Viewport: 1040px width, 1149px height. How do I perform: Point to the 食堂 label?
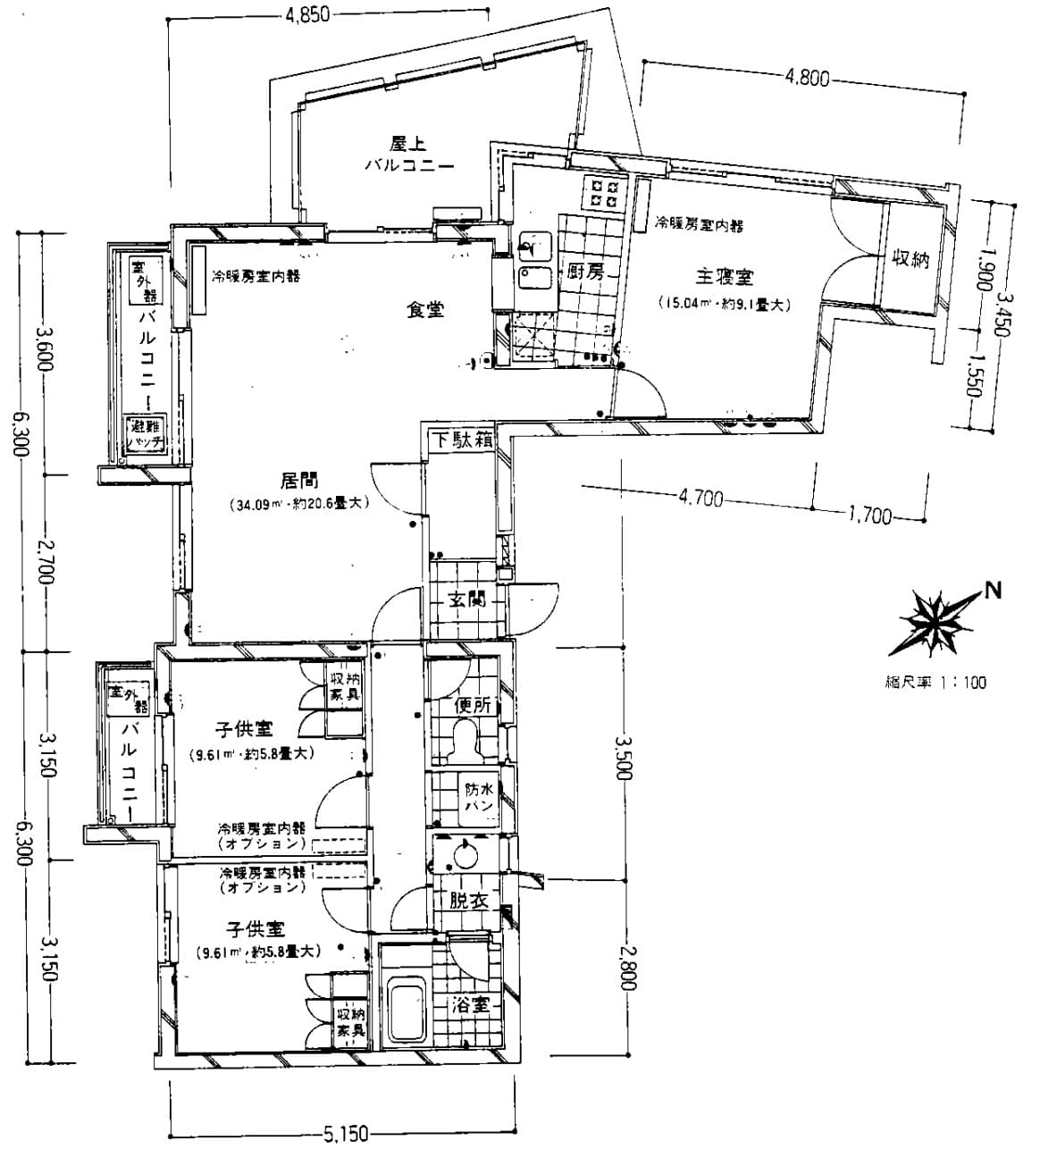pyautogui.click(x=424, y=310)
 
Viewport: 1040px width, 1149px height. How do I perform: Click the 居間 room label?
pyautogui.click(x=300, y=481)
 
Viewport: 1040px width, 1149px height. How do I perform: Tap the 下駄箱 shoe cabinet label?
pyautogui.click(x=460, y=440)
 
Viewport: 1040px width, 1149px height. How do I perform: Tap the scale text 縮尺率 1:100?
pyautogui.click(x=930, y=683)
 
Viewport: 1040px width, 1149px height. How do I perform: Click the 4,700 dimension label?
pyautogui.click(x=700, y=499)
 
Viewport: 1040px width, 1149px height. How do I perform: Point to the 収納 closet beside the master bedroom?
pyautogui.click(x=910, y=259)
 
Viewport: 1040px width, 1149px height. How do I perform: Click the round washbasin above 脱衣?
pyautogui.click(x=465, y=856)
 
